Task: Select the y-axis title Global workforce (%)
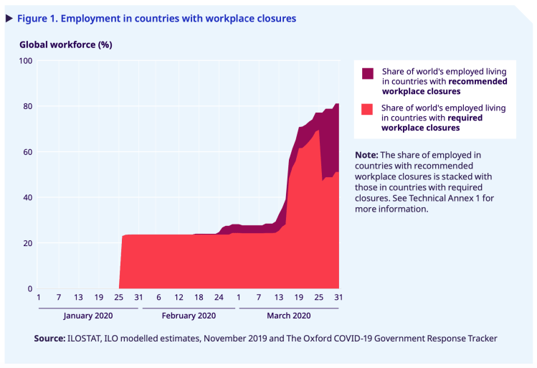65,44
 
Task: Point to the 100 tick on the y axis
26,61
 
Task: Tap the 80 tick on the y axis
28,106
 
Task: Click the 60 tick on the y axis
28,152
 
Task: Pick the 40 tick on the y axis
28,198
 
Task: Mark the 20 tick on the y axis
28,243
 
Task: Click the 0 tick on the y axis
30,289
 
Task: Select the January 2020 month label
89,316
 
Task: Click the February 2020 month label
189,316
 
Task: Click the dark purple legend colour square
368,73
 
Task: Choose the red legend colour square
368,109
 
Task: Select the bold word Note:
366,155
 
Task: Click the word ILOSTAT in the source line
90,338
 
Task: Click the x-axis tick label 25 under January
119,298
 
